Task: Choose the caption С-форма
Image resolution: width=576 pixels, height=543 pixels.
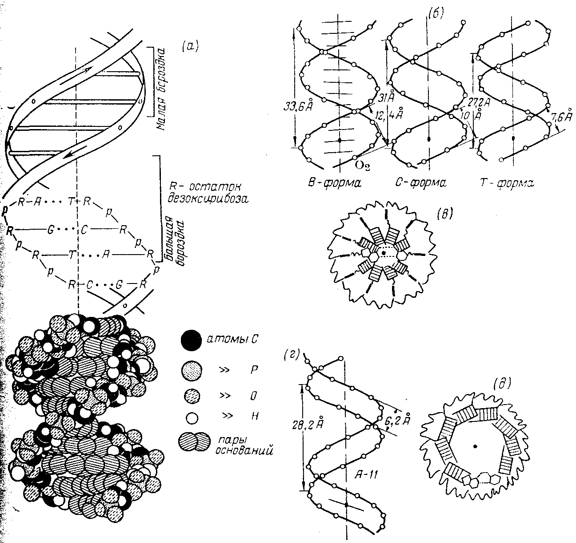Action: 420,182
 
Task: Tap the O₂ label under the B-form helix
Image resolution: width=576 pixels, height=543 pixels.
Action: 363,166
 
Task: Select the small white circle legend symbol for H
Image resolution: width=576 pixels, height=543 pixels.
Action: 192,417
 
